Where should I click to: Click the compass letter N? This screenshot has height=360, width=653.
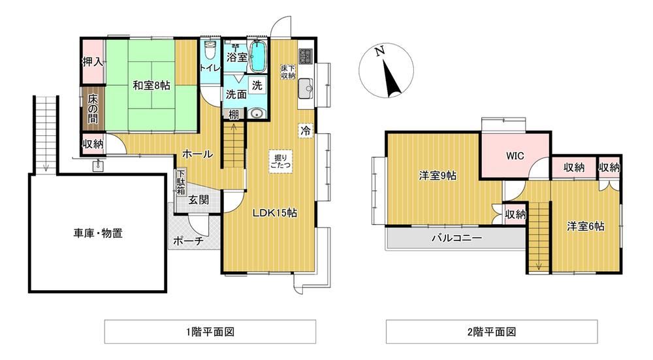(379, 51)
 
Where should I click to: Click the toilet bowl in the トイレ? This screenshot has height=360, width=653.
(210, 52)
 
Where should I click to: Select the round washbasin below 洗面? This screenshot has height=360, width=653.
(256, 113)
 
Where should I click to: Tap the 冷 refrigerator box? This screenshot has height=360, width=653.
(305, 131)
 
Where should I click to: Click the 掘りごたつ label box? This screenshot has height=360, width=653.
(281, 161)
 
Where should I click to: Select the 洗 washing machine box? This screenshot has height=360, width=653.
(257, 86)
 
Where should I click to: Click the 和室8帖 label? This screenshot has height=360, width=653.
(151, 86)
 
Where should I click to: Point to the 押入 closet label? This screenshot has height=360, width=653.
(93, 62)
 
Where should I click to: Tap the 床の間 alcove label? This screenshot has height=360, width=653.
(93, 108)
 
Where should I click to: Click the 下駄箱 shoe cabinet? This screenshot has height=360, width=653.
(181, 182)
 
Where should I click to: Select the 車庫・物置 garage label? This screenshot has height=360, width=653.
(99, 233)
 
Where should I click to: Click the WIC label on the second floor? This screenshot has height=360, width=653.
(515, 156)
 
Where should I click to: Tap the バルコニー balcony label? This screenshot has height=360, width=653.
(457, 238)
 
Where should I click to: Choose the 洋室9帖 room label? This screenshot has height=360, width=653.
(438, 176)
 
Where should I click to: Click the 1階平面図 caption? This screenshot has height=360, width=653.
(210, 332)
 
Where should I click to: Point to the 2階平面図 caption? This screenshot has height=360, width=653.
(492, 332)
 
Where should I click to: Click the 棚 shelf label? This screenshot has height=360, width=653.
(233, 114)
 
